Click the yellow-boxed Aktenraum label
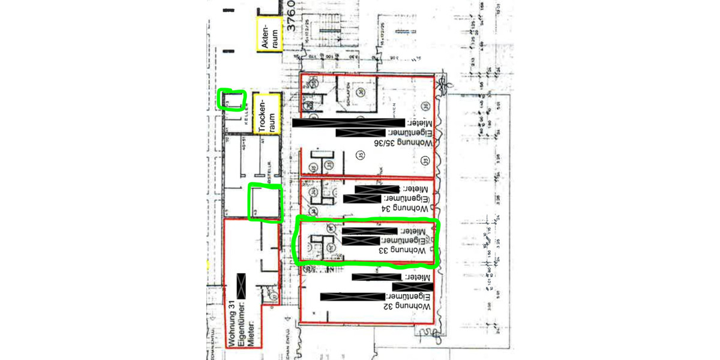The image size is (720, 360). pyautogui.click(x=268, y=35)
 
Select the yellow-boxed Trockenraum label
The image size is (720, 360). pyautogui.click(x=267, y=114)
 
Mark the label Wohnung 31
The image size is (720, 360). pyautogui.click(x=232, y=325)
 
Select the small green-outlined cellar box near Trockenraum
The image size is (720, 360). pyautogui.click(x=232, y=100)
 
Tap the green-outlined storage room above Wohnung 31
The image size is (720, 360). pyautogui.click(x=265, y=202)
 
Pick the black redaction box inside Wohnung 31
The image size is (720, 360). pyautogui.click(x=242, y=286)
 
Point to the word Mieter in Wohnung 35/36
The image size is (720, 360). pyautogui.click(x=419, y=122)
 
